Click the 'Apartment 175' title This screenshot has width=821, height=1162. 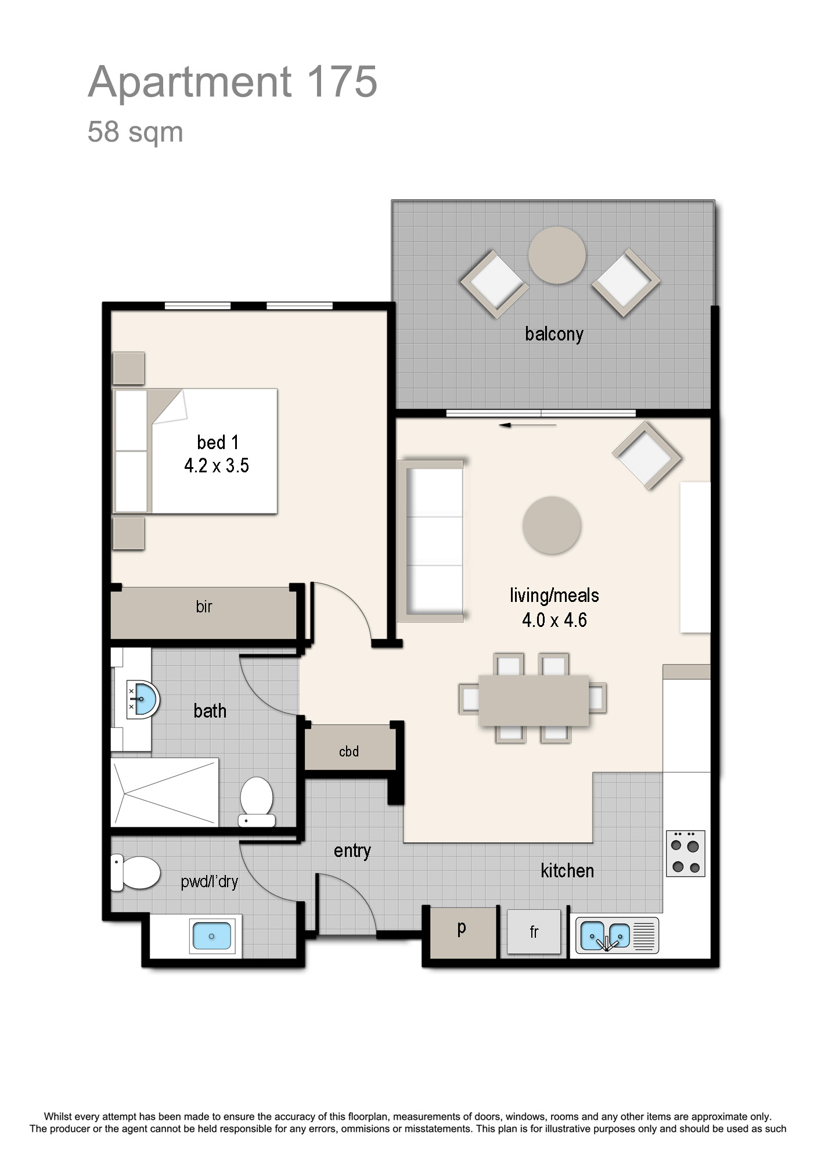click(x=233, y=82)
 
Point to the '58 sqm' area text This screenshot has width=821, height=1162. click(x=135, y=132)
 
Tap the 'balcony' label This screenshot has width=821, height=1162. click(x=554, y=334)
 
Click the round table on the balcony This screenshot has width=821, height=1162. click(x=557, y=255)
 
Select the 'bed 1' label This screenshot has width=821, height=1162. click(x=218, y=442)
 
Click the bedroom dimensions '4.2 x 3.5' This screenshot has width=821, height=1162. click(x=217, y=465)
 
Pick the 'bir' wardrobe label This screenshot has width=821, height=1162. click(x=204, y=607)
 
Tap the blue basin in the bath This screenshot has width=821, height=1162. click(x=144, y=700)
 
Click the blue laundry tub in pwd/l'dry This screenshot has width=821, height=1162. click(x=212, y=936)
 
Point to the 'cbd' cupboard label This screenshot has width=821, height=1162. click(x=349, y=751)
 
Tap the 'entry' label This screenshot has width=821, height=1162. click(x=352, y=851)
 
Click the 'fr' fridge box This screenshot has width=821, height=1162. click(x=534, y=931)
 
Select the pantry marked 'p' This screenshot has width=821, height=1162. click(x=463, y=933)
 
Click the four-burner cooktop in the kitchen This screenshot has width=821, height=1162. click(x=685, y=853)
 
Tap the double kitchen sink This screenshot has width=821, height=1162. click(x=617, y=935)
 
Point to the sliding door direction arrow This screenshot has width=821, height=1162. click(x=527, y=425)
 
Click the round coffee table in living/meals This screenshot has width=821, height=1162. click(x=552, y=525)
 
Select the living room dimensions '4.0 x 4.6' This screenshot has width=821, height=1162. click(x=554, y=620)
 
